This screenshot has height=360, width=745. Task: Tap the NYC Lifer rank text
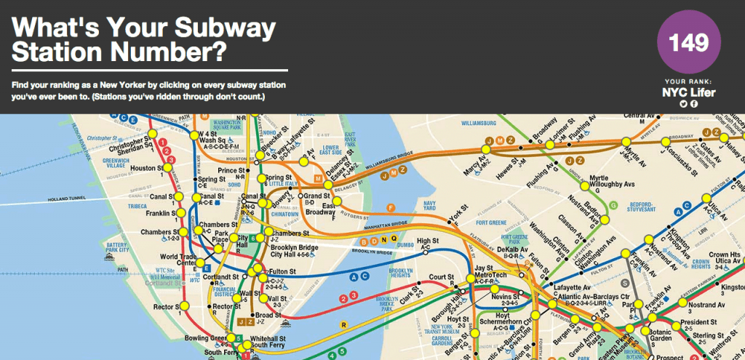click(x=688, y=92)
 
